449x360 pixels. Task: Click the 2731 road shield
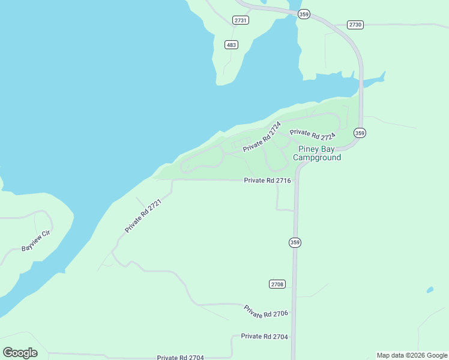(241, 20)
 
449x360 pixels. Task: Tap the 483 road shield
(232, 44)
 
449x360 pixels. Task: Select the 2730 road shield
(355, 25)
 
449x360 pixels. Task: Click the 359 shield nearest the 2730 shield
(304, 14)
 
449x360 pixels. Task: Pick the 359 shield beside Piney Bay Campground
(360, 133)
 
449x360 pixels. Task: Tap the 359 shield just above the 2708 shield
(295, 242)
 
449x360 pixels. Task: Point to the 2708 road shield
(277, 284)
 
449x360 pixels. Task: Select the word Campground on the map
(317, 158)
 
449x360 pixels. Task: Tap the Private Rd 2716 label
(268, 180)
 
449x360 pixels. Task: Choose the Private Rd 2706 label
(266, 312)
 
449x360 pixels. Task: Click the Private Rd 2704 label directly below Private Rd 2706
(264, 337)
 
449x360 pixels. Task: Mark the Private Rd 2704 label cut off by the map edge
(181, 357)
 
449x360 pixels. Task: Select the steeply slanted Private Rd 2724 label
(262, 137)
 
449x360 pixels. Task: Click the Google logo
(20, 352)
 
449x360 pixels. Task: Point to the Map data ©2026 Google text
(411, 355)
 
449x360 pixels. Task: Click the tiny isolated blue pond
(430, 290)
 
